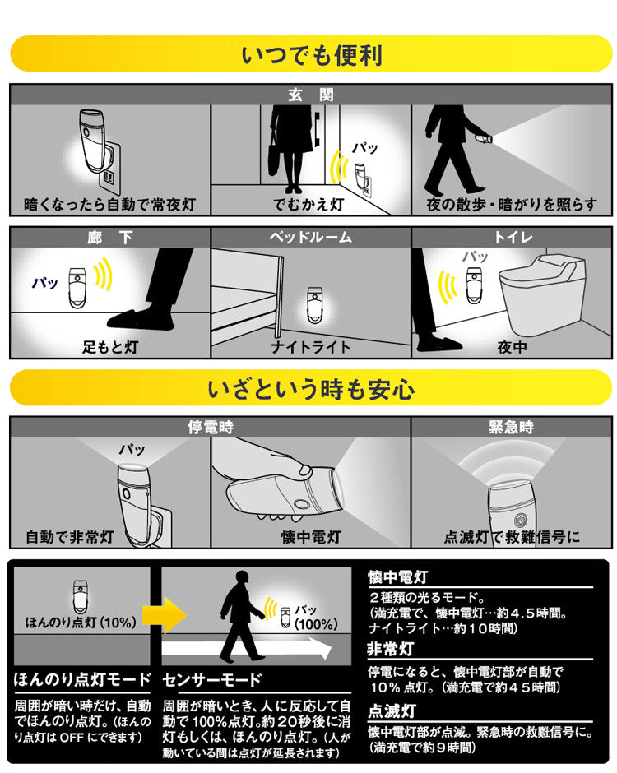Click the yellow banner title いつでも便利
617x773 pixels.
[311, 55]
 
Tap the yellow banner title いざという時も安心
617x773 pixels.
[311, 388]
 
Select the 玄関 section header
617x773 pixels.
[311, 95]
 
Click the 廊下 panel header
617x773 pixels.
[110, 238]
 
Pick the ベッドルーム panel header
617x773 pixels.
[311, 238]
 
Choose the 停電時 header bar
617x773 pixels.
[210, 428]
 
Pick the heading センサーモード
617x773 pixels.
[211, 680]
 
